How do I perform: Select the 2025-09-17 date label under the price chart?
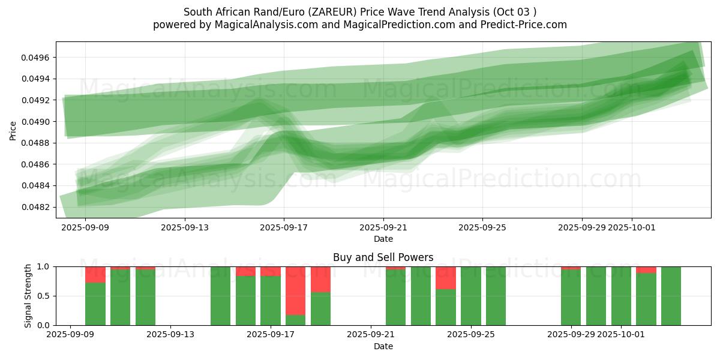click(x=284, y=228)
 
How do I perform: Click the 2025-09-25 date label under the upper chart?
click(x=482, y=228)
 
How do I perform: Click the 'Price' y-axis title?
click(x=13, y=130)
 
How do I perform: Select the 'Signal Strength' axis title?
click(x=28, y=296)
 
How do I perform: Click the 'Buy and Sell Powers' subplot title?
click(x=383, y=257)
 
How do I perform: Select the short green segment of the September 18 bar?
click(x=296, y=320)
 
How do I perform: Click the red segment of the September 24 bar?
click(x=446, y=278)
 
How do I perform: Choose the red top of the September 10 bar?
click(x=95, y=274)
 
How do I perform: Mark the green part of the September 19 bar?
click(x=321, y=309)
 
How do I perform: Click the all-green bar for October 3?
click(x=671, y=296)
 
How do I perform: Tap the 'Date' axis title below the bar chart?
click(x=383, y=346)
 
